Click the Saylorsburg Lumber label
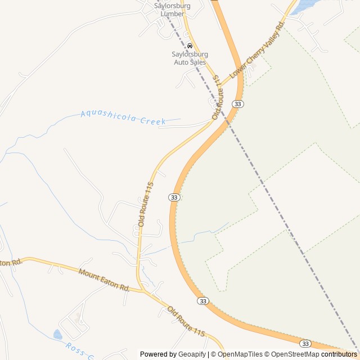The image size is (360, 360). tap(172, 10)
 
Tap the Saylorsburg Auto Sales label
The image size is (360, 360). tap(190, 58)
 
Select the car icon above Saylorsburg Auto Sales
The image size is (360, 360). tap(190, 46)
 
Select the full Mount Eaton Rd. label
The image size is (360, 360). tap(104, 280)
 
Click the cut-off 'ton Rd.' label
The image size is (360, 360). tap(11, 263)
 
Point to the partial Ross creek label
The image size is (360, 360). tap(79, 350)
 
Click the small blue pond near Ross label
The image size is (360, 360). tap(57, 335)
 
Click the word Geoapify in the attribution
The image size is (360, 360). tap(193, 354)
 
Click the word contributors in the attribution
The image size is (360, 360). tap(339, 354)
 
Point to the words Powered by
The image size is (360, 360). tap(158, 354)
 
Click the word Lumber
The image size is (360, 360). tap(172, 13)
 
